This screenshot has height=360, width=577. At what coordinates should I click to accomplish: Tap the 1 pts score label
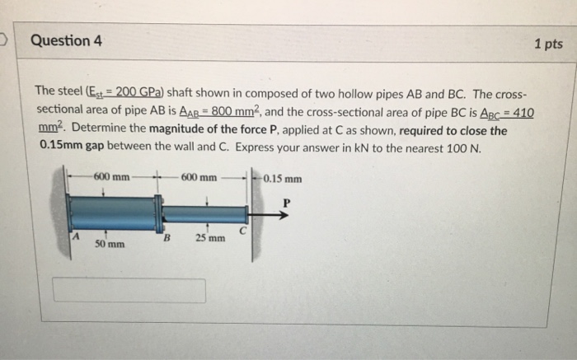click(x=547, y=44)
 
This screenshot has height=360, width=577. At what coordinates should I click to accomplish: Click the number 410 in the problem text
click(x=522, y=113)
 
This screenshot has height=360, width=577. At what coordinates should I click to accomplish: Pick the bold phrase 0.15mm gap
click(x=67, y=147)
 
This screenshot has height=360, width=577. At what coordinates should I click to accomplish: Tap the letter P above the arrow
click(x=286, y=201)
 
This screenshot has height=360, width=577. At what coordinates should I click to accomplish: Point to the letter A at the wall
click(x=75, y=236)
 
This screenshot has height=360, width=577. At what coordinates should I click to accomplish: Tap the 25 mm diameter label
click(x=209, y=239)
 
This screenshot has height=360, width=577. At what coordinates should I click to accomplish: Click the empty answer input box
click(x=129, y=290)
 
